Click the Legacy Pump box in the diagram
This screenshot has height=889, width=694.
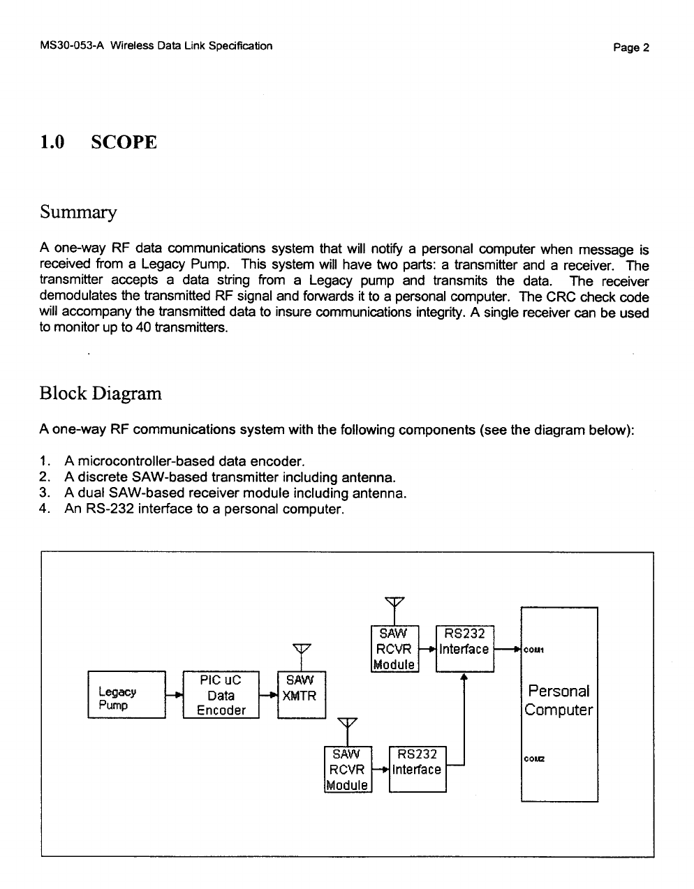pyautogui.click(x=126, y=695)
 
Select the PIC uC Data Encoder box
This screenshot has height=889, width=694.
pyautogui.click(x=221, y=695)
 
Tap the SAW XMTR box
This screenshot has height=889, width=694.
pyautogui.click(x=301, y=695)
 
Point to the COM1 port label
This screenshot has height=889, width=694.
pyautogui.click(x=533, y=650)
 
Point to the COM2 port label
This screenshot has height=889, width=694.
pyautogui.click(x=533, y=760)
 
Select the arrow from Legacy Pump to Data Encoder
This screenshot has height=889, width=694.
pyautogui.click(x=174, y=696)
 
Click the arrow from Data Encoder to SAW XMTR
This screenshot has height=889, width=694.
pyautogui.click(x=268, y=696)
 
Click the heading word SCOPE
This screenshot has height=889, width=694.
pyautogui.click(x=124, y=142)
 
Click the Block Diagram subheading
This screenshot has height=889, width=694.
pyautogui.click(x=101, y=394)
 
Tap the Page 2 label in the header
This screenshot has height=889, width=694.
pyautogui.click(x=631, y=47)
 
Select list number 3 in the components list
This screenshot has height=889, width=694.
pyautogui.click(x=45, y=493)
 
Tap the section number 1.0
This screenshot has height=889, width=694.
pyautogui.click(x=52, y=142)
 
